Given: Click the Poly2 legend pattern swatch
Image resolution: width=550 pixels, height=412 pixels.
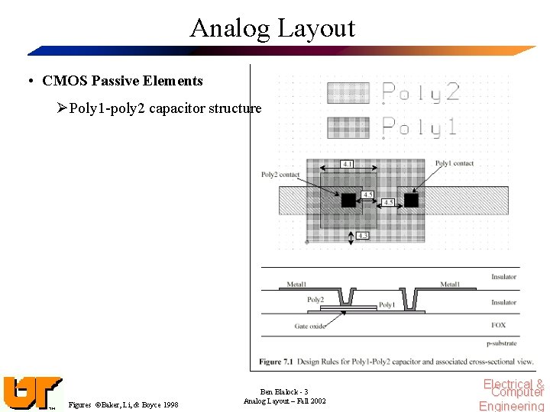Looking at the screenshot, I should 348,92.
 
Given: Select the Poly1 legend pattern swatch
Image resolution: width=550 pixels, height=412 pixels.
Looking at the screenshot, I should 348,127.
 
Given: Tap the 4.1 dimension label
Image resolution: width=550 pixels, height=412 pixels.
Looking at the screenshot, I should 348,164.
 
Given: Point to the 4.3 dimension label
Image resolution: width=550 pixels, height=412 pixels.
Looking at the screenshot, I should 363,236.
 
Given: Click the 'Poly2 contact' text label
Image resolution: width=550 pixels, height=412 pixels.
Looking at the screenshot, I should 280,175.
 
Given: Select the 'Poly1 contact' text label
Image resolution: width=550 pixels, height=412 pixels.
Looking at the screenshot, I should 454,163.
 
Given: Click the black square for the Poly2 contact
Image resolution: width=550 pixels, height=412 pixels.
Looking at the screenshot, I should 348,200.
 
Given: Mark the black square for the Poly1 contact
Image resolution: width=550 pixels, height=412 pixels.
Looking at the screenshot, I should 411,200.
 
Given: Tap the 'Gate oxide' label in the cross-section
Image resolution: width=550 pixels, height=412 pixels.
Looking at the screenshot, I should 310,327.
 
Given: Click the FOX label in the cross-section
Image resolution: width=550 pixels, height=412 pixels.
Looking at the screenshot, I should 498,324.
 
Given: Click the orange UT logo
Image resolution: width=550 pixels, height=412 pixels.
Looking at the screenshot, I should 31,393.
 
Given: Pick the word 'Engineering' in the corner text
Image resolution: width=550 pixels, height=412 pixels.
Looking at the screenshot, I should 511,407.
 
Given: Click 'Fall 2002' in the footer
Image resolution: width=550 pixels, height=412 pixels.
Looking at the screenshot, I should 312,401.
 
